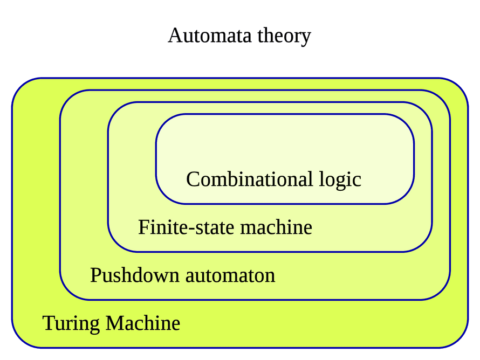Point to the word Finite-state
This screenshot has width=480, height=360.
(187, 227)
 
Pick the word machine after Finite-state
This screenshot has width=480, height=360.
(276, 227)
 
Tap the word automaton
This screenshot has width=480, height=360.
(230, 275)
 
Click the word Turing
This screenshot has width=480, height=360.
(71, 323)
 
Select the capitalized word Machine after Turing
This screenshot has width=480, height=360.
(143, 323)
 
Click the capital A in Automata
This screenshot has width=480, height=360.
(175, 36)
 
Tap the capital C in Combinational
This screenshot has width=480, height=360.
(193, 179)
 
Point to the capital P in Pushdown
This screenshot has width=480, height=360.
(95, 275)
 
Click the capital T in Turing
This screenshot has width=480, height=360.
(49, 323)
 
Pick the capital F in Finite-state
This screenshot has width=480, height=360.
(143, 227)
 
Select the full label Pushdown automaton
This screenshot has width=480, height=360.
(182, 275)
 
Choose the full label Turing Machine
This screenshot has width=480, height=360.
(111, 323)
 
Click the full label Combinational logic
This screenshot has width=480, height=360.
(273, 179)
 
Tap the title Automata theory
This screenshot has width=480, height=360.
(239, 36)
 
